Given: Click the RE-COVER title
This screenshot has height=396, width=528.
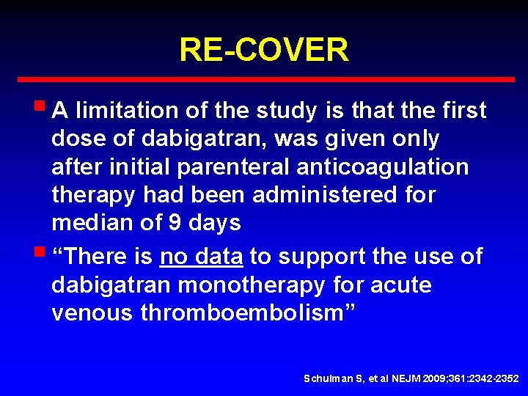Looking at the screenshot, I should (264, 50).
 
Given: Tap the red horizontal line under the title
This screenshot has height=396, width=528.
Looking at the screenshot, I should (264, 79).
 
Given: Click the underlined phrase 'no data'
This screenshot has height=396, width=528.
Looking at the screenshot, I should (201, 257).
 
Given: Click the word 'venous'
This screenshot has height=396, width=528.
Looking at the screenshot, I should (92, 313).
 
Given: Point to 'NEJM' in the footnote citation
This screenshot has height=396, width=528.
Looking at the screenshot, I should (406, 378).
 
